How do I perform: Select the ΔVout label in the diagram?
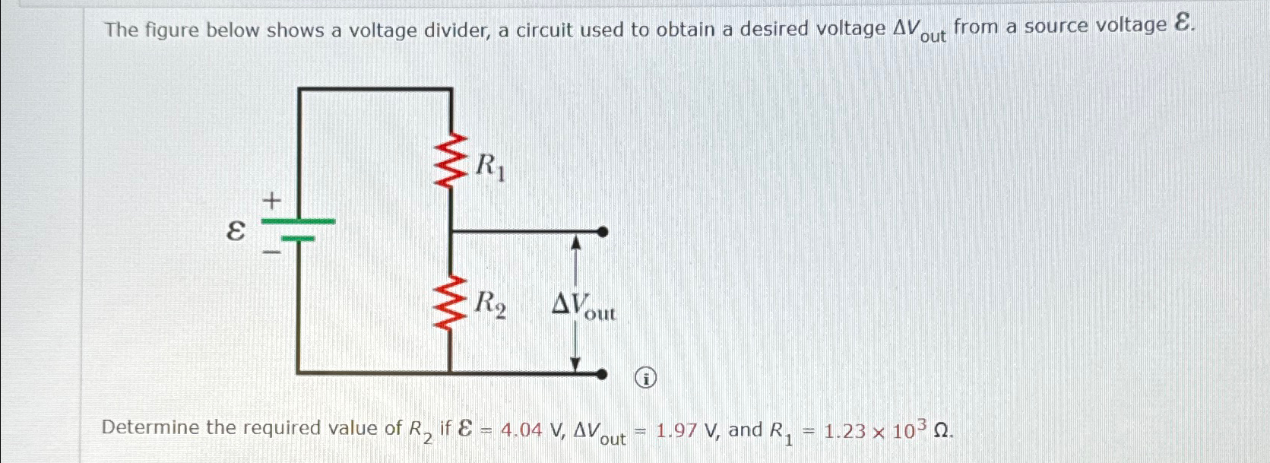click(584, 306)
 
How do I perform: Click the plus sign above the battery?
click(271, 201)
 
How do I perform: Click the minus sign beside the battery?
click(271, 249)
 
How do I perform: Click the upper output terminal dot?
click(603, 232)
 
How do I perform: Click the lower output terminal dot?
click(602, 373)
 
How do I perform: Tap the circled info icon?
click(645, 377)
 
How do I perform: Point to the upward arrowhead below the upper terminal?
click(576, 243)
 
